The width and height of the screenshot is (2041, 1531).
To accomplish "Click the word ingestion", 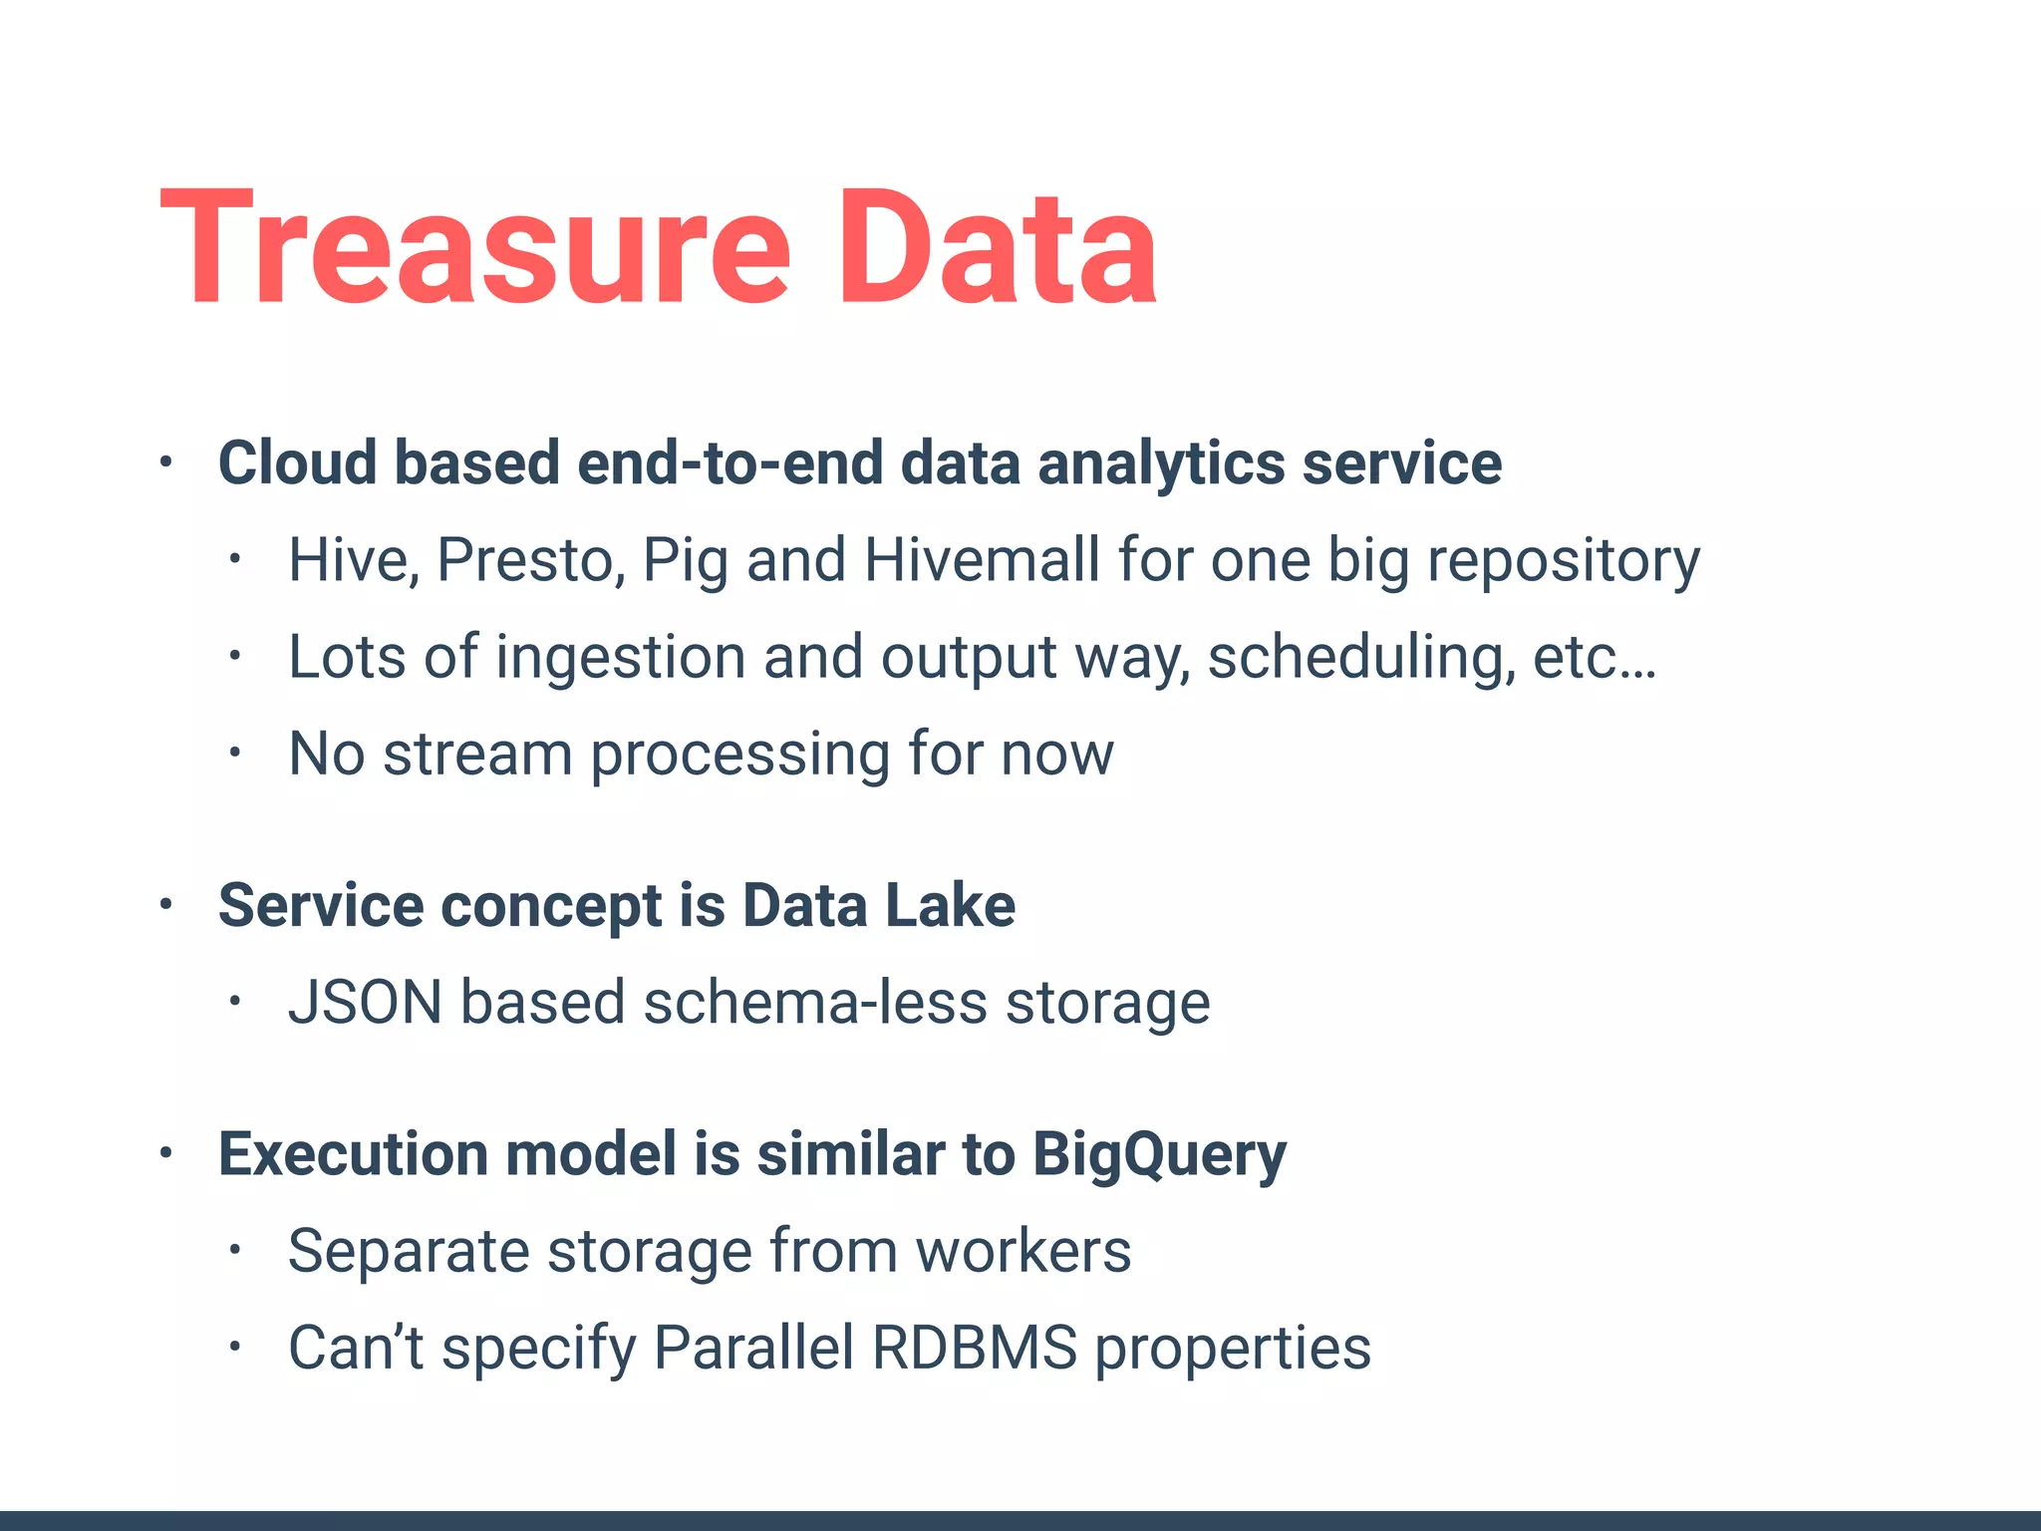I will point(620,658).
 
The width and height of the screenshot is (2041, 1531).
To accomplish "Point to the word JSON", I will point(365,1003).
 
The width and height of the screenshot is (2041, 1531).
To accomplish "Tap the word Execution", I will point(353,1154).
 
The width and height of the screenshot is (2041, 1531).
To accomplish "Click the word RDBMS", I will point(974,1348).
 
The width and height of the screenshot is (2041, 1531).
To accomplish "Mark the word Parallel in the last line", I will point(753,1348).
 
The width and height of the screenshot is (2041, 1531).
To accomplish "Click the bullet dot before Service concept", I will point(166,904).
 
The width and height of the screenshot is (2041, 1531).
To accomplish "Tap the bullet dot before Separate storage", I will point(234,1250).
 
